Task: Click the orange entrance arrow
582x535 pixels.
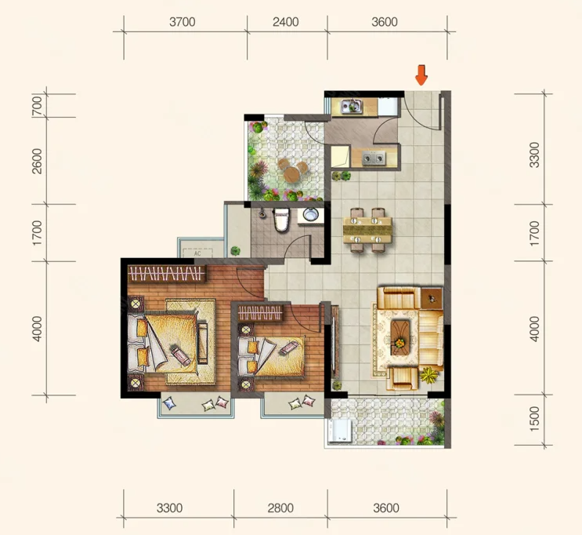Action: (x=421, y=75)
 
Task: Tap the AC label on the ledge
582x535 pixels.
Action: (x=197, y=253)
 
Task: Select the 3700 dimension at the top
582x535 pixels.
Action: (x=183, y=22)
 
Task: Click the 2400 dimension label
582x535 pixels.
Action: (x=285, y=22)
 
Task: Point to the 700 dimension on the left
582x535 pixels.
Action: (x=37, y=106)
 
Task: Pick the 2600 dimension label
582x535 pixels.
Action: (x=37, y=161)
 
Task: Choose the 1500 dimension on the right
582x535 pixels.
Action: (x=534, y=419)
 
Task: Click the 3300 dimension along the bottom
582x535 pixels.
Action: (x=169, y=508)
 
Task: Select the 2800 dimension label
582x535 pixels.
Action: (x=280, y=508)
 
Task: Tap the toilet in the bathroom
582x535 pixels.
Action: (x=281, y=220)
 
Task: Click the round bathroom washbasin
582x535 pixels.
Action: (x=310, y=214)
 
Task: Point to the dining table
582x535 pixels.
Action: (x=367, y=230)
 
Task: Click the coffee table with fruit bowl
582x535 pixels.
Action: (x=400, y=337)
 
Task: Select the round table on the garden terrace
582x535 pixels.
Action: (x=291, y=174)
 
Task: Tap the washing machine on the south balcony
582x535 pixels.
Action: (x=339, y=431)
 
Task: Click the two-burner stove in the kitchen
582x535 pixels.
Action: (x=374, y=158)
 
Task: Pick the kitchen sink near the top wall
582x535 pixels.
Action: (x=352, y=107)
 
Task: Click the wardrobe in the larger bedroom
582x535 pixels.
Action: (x=167, y=274)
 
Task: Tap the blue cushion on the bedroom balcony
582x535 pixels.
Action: (x=170, y=403)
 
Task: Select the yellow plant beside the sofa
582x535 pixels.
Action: (x=429, y=375)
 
